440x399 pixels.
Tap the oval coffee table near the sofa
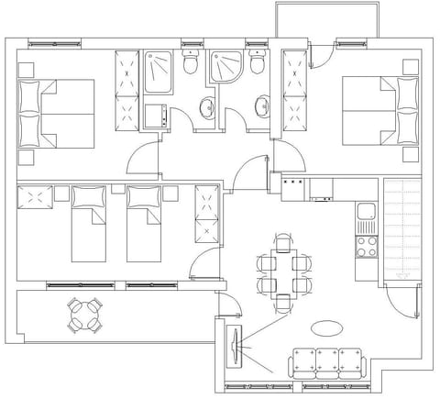tap(327, 327)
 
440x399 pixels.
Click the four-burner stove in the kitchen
tap(366, 246)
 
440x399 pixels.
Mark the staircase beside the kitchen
tap(401, 228)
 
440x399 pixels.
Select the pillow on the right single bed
tap(142, 196)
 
